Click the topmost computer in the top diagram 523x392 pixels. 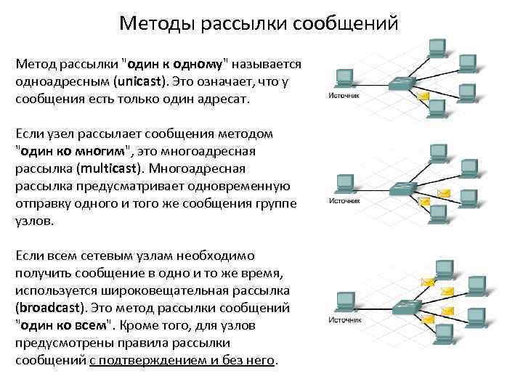tap(437, 47)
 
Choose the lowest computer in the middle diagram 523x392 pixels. tap(437, 212)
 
